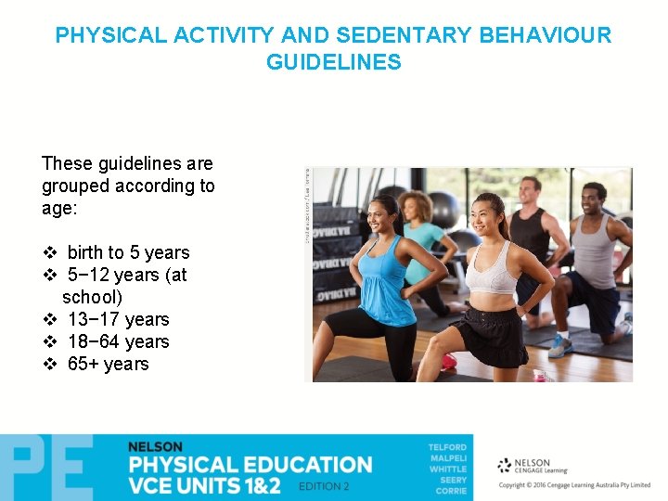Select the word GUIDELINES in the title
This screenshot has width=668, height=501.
click(333, 63)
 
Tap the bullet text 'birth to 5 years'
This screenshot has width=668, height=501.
click(128, 252)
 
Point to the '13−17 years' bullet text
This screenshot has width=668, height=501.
click(118, 319)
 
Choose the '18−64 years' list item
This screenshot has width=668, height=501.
click(118, 341)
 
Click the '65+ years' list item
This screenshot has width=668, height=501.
click(108, 364)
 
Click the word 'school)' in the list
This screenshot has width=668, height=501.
click(92, 297)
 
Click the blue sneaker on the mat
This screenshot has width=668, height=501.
click(559, 346)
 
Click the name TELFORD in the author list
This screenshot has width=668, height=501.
click(447, 447)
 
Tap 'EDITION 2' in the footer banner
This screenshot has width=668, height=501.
click(324, 485)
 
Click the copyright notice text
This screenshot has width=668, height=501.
click(575, 485)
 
